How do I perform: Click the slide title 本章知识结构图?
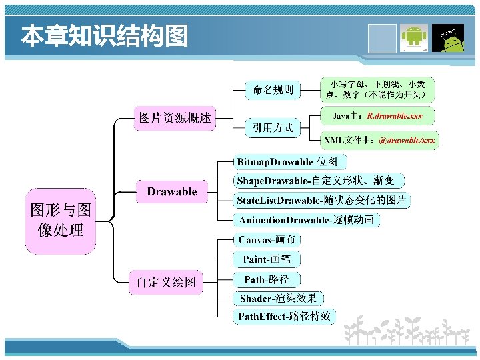pyautogui.click(x=104, y=37)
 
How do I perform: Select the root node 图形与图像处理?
pyautogui.click(x=61, y=221)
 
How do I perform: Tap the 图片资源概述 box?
pyautogui.click(x=175, y=119)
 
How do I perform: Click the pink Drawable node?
pyautogui.click(x=172, y=192)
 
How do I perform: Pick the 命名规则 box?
pyautogui.click(x=273, y=89)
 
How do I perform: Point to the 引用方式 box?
pyautogui.click(x=273, y=128)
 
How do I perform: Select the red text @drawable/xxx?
pyautogui.click(x=407, y=141)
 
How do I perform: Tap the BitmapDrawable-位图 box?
pyautogui.click(x=291, y=161)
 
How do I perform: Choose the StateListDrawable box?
pyautogui.click(x=322, y=200)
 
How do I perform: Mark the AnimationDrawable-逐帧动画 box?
pyautogui.click(x=306, y=220)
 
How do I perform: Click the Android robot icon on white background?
pyautogui.click(x=414, y=39)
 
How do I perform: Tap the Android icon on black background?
pyautogui.click(x=449, y=39)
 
